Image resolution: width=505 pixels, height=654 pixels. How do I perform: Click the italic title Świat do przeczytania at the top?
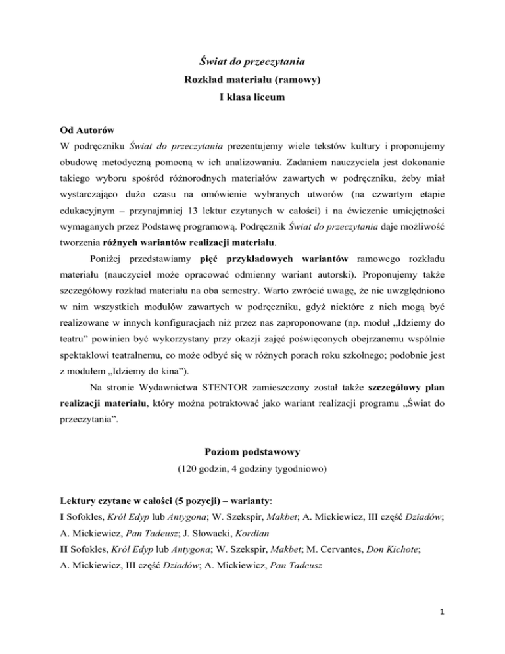(252, 63)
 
